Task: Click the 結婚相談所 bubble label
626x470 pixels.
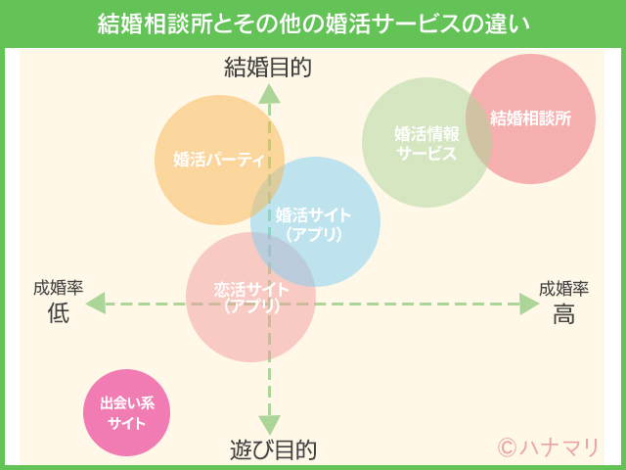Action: tap(530, 118)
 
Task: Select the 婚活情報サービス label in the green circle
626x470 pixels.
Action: tap(426, 142)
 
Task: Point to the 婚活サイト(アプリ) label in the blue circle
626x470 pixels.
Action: tap(314, 225)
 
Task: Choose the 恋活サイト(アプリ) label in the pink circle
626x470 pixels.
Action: tap(251, 297)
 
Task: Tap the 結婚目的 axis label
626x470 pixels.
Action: tap(268, 67)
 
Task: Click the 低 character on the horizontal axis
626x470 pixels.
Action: tap(59, 314)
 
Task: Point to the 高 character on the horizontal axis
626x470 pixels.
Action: tap(563, 314)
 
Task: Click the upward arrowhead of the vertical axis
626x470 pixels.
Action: tap(270, 93)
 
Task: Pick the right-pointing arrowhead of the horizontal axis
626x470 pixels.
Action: tap(529, 305)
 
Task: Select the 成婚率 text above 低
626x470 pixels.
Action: tap(58, 289)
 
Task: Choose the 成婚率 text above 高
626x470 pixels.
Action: tap(563, 289)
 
